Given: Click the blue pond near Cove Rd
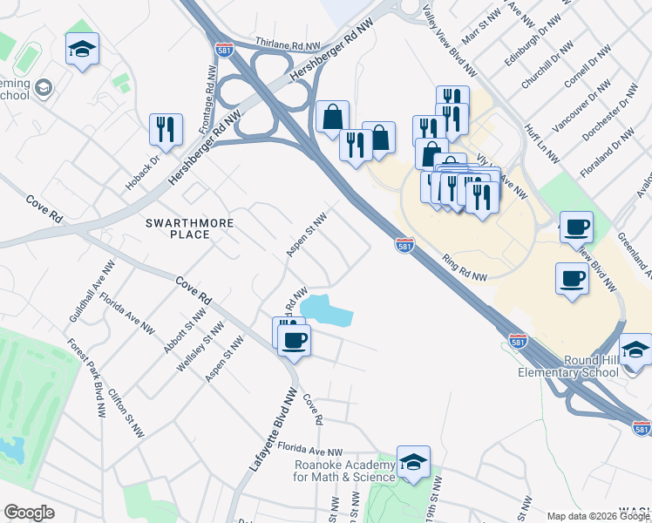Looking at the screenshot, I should (324, 310).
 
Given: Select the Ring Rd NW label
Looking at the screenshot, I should (464, 268).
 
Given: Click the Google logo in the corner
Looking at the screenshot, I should (29, 513).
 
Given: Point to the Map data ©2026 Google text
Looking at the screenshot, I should (598, 516).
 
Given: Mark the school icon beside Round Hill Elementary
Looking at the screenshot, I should (635, 350).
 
